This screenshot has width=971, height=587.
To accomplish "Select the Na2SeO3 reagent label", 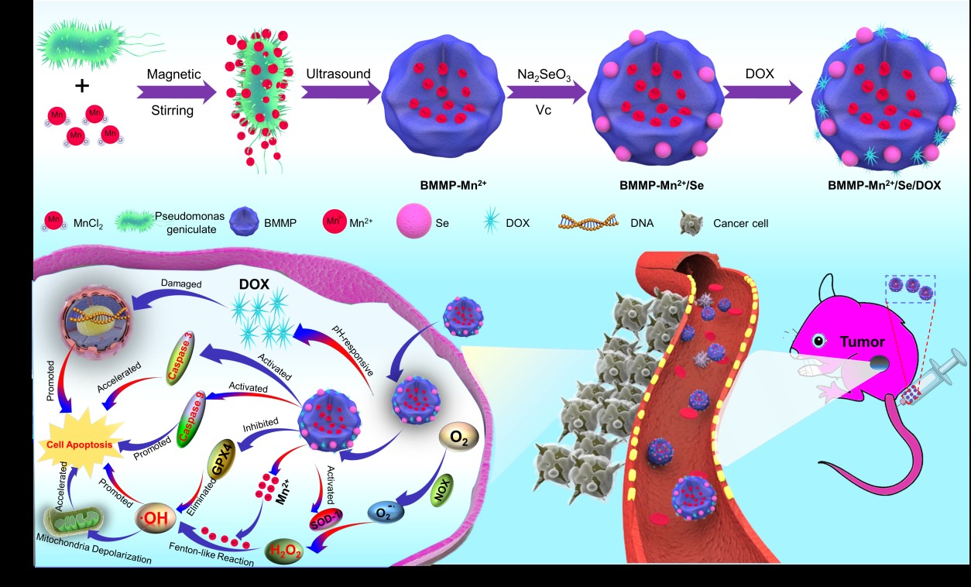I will click(x=544, y=74).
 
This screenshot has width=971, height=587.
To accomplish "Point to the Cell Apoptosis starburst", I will click(x=83, y=445).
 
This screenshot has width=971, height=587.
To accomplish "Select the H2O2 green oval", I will click(x=285, y=551).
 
